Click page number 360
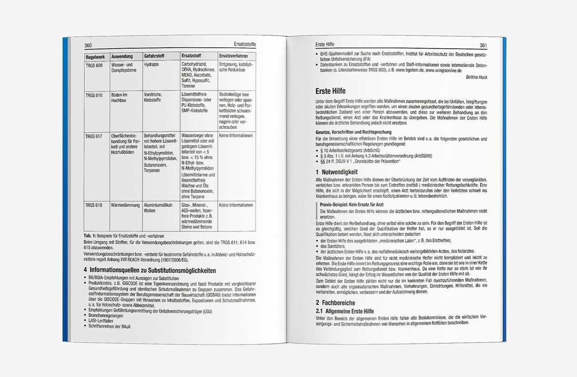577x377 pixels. coord(88,45)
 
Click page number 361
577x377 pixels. coord(483,45)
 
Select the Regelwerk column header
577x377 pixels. coord(95,56)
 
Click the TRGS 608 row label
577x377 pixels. coord(94,65)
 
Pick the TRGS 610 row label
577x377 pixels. coord(94,95)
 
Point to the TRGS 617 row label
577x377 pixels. coord(94,136)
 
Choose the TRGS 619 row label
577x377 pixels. coord(94,205)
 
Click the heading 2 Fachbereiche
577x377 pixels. coord(335,303)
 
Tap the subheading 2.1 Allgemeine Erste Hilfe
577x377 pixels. coord(344,311)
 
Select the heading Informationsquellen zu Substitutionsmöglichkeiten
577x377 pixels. coord(149,271)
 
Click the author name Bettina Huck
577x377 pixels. coord(476,77)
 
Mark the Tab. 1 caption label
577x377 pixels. coord(88,236)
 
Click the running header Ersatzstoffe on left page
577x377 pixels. coord(245,45)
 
